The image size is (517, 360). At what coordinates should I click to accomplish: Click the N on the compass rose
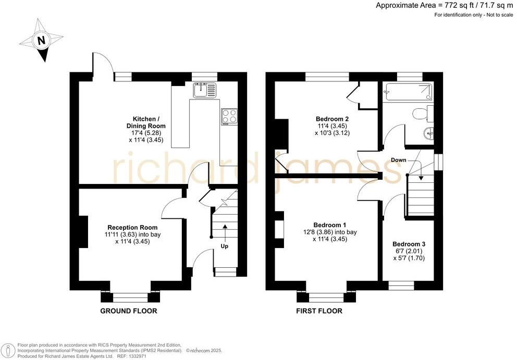pyautogui.click(x=41, y=41)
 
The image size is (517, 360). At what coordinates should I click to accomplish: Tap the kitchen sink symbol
pyautogui.click(x=205, y=91)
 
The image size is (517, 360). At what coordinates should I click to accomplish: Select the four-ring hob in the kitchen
pyautogui.click(x=229, y=117)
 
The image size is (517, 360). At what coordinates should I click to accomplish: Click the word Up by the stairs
pyautogui.click(x=225, y=246)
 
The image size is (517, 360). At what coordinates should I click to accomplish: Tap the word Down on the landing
pyautogui.click(x=399, y=160)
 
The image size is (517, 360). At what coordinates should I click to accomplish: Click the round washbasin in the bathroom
pyautogui.click(x=428, y=134)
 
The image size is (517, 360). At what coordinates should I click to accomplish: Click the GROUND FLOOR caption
pyautogui.click(x=129, y=311)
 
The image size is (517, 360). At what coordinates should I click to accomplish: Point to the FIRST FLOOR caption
pyautogui.click(x=319, y=311)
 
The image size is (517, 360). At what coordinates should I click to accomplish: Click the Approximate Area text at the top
pyautogui.click(x=445, y=5)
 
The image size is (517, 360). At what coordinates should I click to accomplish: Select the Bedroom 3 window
pyautogui.click(x=401, y=285)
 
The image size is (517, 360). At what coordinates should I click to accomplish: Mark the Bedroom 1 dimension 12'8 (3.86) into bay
pyautogui.click(x=330, y=232)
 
